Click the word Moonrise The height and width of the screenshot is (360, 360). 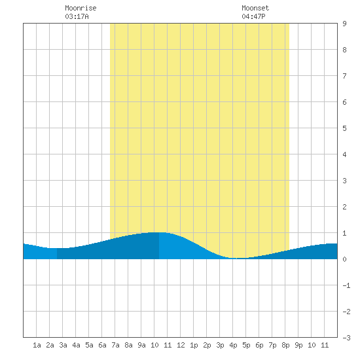(81, 8)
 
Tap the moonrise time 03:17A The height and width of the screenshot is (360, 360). (77, 16)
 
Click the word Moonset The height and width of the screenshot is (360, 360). (255, 8)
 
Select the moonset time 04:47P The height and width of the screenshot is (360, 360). (253, 16)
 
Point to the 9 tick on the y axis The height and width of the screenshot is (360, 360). (344, 24)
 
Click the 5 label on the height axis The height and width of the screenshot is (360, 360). (344, 128)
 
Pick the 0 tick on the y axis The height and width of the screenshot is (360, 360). (344, 259)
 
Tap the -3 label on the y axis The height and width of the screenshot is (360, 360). (346, 338)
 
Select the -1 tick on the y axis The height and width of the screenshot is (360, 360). (346, 285)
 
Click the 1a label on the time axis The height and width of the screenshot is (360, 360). (37, 345)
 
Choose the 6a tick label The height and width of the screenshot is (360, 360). (102, 345)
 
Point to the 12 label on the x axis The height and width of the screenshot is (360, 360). (181, 345)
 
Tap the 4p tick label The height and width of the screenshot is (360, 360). (233, 346)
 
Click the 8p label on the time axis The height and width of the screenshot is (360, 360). (285, 346)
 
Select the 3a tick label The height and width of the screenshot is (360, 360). (63, 345)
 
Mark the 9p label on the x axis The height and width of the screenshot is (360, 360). (298, 346)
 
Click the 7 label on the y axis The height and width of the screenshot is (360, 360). (344, 76)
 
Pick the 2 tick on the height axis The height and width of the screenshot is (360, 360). (344, 207)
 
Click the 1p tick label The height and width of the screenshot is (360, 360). (194, 346)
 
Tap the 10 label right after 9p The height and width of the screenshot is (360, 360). (312, 345)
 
